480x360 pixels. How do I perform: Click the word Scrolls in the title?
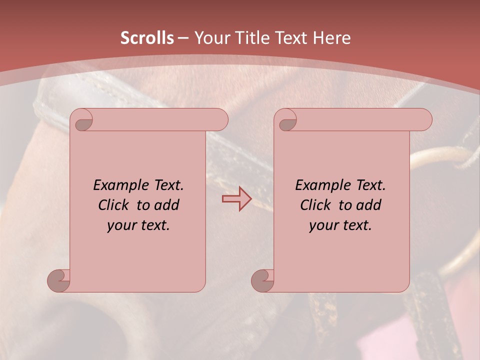click(x=147, y=38)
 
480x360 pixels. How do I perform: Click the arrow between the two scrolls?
click(x=236, y=198)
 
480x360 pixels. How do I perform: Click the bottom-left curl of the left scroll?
click(x=58, y=280)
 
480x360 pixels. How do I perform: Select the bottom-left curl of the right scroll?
click(x=262, y=280)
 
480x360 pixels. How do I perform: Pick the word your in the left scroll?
click(x=121, y=225)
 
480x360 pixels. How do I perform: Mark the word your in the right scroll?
click(x=323, y=225)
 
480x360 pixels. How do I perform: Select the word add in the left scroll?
click(x=167, y=205)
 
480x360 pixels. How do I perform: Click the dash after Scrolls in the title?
click(x=183, y=38)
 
